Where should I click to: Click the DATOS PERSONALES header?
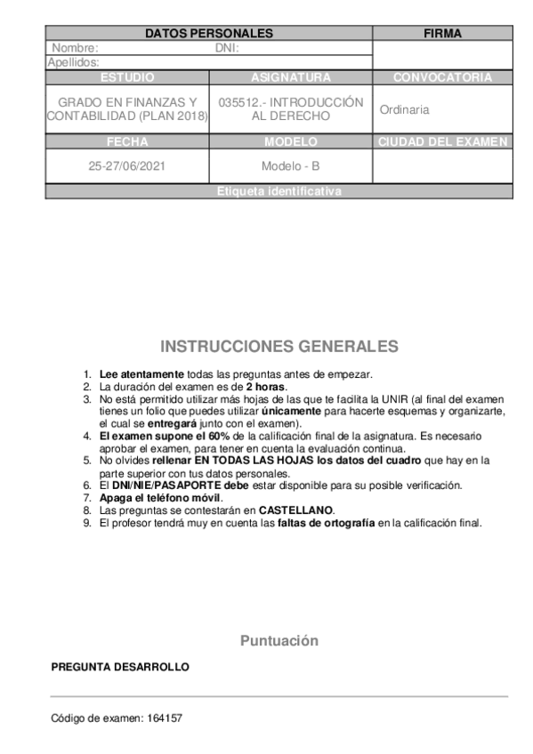208,34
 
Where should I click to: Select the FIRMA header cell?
442,34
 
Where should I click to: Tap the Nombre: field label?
75,48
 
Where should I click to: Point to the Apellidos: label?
73,62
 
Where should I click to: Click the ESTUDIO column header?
127,77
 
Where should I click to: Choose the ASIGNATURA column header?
290,77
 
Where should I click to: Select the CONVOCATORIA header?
442,77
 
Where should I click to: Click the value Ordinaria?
404,109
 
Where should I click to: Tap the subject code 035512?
239,102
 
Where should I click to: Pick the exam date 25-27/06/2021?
127,166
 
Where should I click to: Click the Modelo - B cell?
290,166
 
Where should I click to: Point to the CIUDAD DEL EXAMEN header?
442,141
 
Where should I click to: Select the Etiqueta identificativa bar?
279,191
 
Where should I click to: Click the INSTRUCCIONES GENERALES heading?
279,346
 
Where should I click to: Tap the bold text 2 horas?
265,387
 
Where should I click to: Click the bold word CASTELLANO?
296,510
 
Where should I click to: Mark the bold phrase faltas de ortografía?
326,523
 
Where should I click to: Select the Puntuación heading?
279,641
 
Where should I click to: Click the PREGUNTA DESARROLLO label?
120,666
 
